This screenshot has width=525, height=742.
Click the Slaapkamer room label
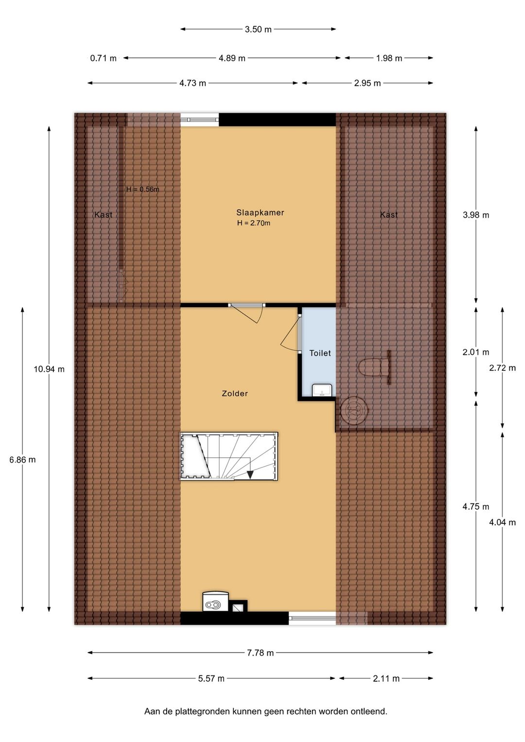pos(260,212)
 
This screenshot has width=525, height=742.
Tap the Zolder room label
pos(235,393)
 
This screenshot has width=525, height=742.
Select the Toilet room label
pos(320,353)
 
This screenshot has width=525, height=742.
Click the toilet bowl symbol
pos(374,367)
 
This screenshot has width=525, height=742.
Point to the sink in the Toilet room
pos(322,390)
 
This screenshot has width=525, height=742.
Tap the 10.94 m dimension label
pos(49,369)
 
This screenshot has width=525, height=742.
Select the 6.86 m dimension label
pos(22,460)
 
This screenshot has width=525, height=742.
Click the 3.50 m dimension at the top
pos(258,30)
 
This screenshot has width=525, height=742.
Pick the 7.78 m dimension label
pos(260,653)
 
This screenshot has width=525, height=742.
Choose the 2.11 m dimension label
pos(386,678)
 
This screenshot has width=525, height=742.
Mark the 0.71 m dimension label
pos(104,58)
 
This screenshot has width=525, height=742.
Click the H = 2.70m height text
pos(254,223)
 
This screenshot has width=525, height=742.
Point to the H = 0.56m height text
pos(142,190)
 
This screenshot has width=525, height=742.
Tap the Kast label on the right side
pos(389,215)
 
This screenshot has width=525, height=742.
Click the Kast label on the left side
pos(104,215)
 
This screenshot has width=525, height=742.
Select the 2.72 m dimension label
pos(503,368)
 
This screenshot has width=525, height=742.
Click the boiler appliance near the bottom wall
pos(215,601)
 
